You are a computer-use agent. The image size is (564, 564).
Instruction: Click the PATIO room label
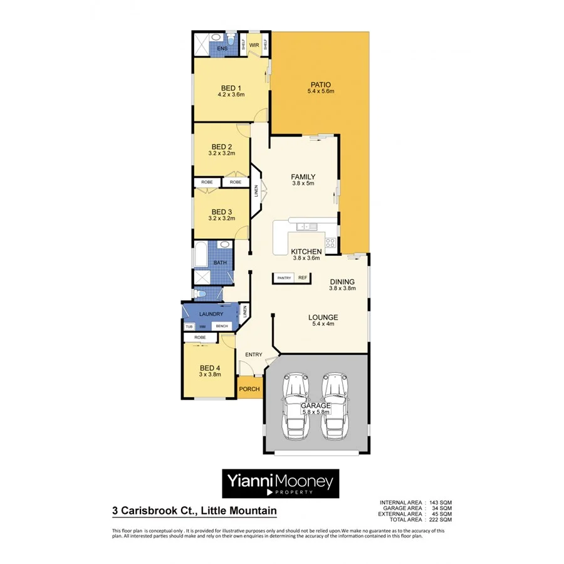pyautogui.click(x=320, y=85)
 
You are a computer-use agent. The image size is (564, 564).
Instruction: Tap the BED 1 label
pyautogui.click(x=231, y=88)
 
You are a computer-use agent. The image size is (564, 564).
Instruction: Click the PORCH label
pyautogui.click(x=249, y=389)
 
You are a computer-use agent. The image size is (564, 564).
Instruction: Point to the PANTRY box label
pyautogui.click(x=285, y=278)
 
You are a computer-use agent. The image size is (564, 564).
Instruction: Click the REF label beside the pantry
pyautogui.click(x=302, y=278)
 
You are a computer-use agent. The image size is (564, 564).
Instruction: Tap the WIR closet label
pyautogui.click(x=254, y=46)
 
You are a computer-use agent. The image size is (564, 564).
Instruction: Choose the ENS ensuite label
pyautogui.click(x=222, y=49)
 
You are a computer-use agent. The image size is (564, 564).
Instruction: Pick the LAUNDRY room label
pyautogui.click(x=211, y=313)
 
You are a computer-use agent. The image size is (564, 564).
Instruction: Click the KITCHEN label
pyautogui.click(x=306, y=251)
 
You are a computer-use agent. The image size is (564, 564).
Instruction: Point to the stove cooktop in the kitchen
pyautogui.click(x=330, y=243)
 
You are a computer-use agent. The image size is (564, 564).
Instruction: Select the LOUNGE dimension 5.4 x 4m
pyautogui.click(x=323, y=324)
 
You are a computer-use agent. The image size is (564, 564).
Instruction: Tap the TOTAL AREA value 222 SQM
pyautogui.click(x=439, y=520)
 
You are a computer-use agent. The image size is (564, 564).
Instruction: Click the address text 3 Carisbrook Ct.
pyautogui.click(x=146, y=511)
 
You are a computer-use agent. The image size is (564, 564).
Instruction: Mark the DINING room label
pyautogui.click(x=342, y=282)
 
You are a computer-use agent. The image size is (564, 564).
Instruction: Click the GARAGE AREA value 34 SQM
pyautogui.click(x=439, y=508)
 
